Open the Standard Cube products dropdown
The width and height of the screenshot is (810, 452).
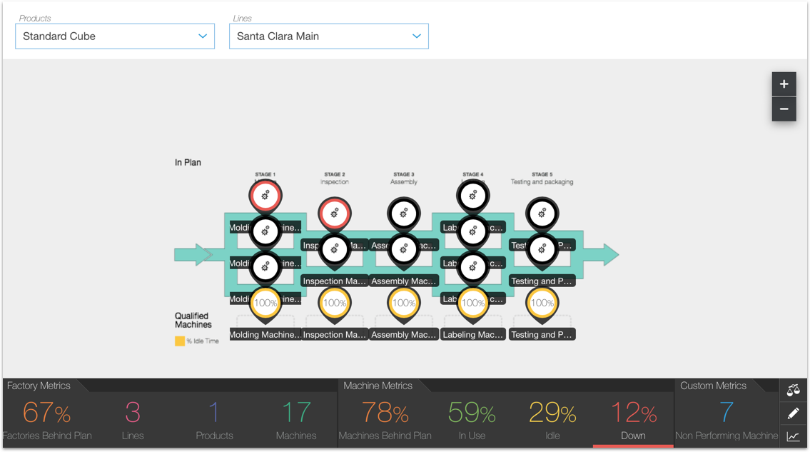(x=114, y=36)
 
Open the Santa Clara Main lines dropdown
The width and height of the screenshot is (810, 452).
(x=328, y=36)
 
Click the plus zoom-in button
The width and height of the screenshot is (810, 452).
(x=784, y=84)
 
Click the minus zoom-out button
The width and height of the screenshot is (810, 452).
(x=784, y=109)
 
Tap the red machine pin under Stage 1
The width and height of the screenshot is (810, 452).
(x=265, y=194)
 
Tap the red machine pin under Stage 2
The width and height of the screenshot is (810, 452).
(x=334, y=212)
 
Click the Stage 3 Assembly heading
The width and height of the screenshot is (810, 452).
(x=403, y=178)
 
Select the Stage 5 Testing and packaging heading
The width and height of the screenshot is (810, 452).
(x=542, y=178)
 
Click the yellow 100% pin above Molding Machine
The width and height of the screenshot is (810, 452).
(x=265, y=303)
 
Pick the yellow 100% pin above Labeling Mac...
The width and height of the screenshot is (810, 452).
(x=472, y=303)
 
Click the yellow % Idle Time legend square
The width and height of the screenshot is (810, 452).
(x=180, y=341)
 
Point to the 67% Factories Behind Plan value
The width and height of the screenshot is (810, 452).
(x=46, y=413)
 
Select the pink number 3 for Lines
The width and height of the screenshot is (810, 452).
(x=133, y=413)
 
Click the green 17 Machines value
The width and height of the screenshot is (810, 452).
(x=295, y=413)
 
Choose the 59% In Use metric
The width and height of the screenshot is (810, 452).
(x=471, y=413)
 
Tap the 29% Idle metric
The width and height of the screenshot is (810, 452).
(x=552, y=413)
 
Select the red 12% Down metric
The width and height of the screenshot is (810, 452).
(x=633, y=413)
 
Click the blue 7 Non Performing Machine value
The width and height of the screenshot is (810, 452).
(x=727, y=413)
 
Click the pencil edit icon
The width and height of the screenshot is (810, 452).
(x=793, y=413)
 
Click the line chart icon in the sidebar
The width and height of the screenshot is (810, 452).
(x=793, y=436)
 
